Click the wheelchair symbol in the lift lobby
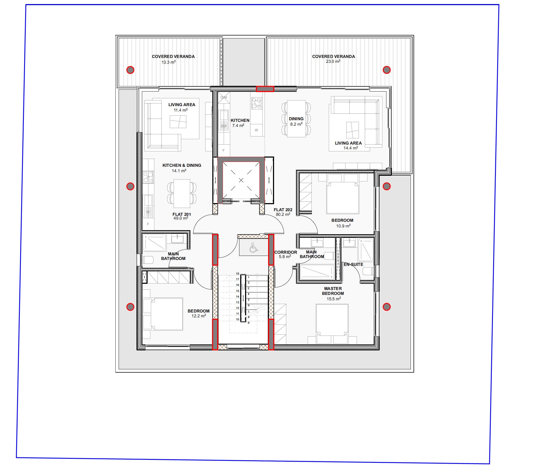[253, 247]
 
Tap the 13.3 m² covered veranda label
[173, 59]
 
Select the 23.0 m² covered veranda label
[333, 59]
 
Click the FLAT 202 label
[283, 212]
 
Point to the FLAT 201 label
[181, 216]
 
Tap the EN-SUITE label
[353, 264]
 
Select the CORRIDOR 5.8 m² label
[285, 254]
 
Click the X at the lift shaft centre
[241, 180]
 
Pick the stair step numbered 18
[238, 274]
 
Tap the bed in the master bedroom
[332, 324]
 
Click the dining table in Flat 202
[296, 119]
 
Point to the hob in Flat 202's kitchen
[256, 103]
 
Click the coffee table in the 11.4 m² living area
[178, 122]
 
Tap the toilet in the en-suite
[369, 271]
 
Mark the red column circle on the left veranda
[130, 70]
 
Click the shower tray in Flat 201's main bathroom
[155, 243]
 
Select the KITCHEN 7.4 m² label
[240, 123]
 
